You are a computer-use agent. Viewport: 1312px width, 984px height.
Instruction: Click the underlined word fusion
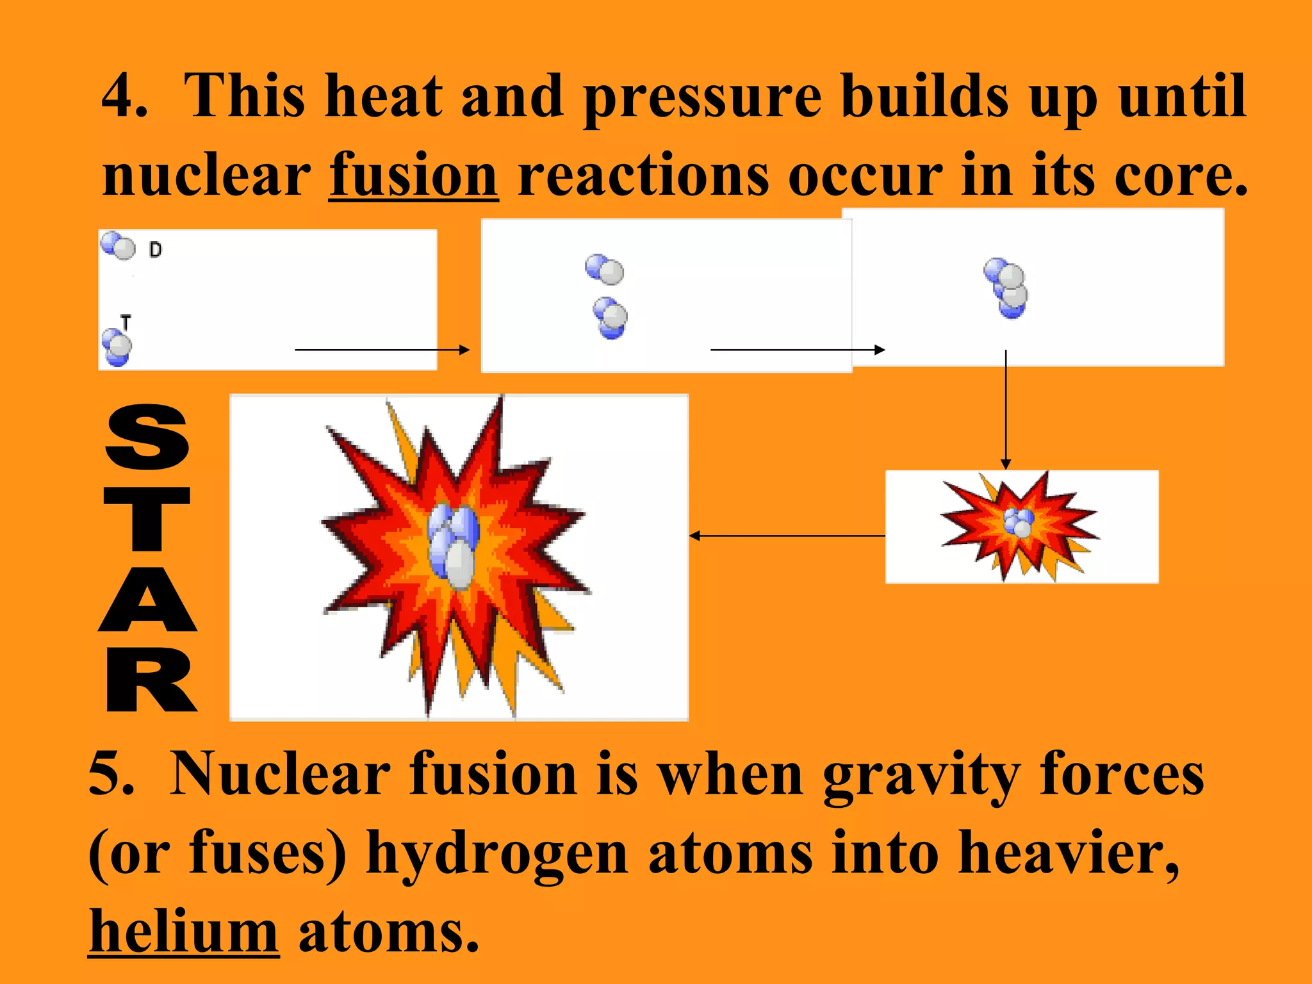413,175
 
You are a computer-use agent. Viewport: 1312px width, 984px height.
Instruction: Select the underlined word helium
183,931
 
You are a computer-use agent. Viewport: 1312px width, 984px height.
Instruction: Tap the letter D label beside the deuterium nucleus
156,250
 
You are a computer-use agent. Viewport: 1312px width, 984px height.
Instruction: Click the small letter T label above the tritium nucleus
126,322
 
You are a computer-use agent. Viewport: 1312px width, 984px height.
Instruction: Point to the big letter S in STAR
147,437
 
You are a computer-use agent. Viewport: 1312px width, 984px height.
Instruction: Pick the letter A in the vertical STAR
148,599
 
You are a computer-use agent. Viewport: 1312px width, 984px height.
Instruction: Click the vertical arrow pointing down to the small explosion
1006,410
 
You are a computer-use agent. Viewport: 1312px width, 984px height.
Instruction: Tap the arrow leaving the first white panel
382,350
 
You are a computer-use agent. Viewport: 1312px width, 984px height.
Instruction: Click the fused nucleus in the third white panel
1006,288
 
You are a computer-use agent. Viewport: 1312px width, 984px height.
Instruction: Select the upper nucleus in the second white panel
604,269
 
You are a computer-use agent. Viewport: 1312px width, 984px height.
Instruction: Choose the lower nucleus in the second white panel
611,318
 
